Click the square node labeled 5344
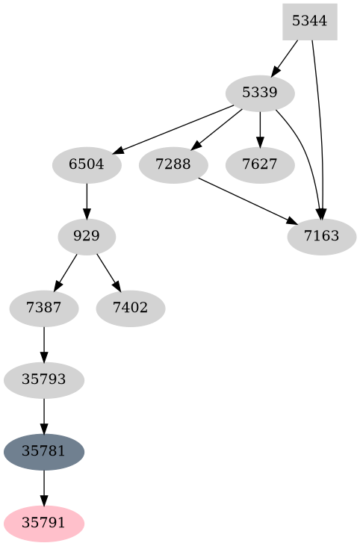[x=309, y=21]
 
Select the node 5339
[x=260, y=93]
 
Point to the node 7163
[x=321, y=237]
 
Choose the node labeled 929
[x=87, y=237]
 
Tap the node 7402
[x=130, y=308]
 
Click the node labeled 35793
[x=44, y=379]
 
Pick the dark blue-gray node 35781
[x=44, y=451]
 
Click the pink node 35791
[x=44, y=523]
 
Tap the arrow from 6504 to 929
[x=87, y=200]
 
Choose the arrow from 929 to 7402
[x=108, y=273]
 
